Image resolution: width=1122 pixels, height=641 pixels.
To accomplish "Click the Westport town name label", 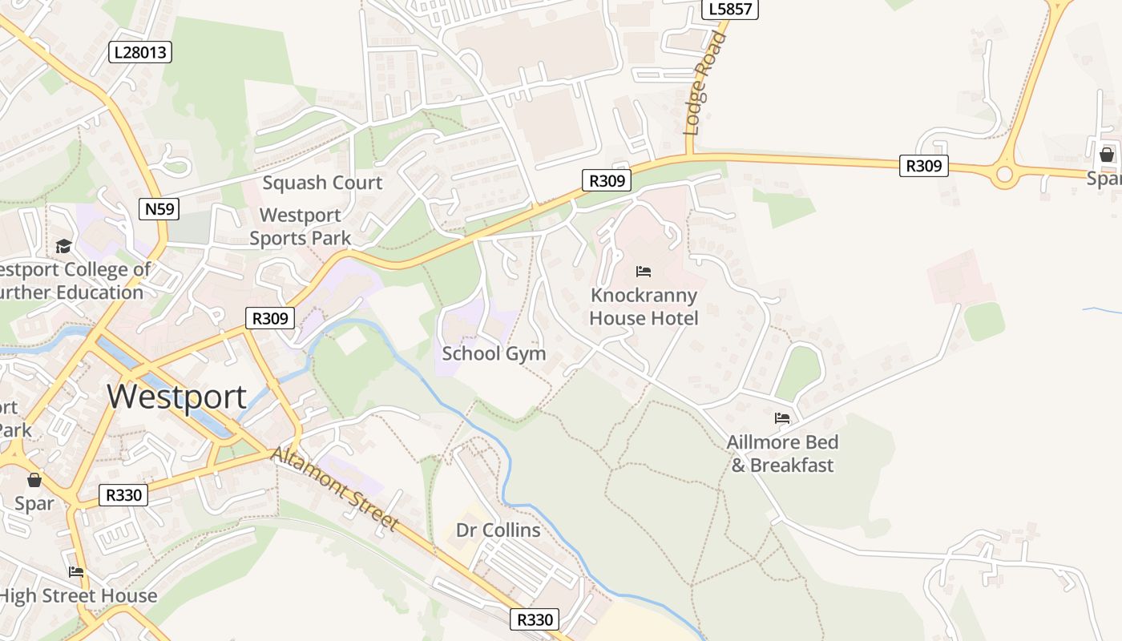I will coord(176,397).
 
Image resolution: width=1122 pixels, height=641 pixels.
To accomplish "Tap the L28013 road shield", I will coord(140,53).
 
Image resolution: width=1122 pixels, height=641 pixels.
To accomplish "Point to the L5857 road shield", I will coord(728,9).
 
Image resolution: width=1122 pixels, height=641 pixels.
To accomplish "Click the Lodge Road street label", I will coord(700,85).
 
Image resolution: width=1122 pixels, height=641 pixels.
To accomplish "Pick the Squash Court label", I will coord(322,183).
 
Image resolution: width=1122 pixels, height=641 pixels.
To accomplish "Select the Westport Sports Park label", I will coord(301,227).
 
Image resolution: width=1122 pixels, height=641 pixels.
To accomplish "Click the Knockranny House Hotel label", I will coord(644,307).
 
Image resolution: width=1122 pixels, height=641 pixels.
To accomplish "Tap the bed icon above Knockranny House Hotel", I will coord(644,272).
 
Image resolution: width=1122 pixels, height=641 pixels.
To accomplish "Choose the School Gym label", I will coord(494,353).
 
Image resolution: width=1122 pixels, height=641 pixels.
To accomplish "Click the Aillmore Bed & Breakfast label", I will coord(782,454).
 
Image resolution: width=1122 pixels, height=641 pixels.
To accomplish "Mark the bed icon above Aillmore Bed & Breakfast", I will coord(782,418).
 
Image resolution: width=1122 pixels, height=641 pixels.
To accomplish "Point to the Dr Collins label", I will coord(498,530).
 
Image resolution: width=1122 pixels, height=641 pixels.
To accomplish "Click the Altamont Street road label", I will coord(335,489).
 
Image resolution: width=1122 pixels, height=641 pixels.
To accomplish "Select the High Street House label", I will coord(78,596).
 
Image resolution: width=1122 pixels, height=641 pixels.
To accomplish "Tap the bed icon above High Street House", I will coord(76,572).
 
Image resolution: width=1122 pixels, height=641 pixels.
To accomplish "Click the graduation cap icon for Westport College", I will coord(63,246).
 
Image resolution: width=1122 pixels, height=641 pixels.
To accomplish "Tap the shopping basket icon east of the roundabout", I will coord(1107,154).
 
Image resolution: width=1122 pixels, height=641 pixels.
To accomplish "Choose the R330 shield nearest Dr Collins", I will coord(535,619).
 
